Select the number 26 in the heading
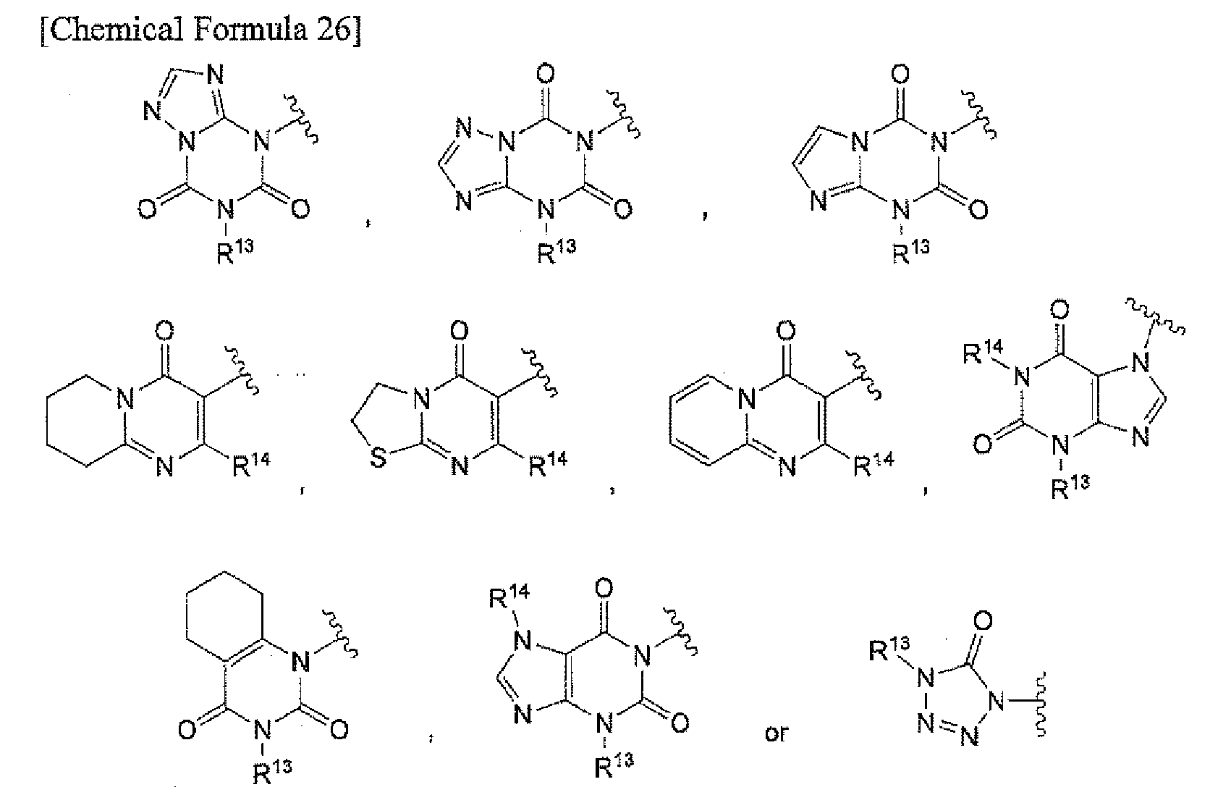(333, 29)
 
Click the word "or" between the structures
(777, 733)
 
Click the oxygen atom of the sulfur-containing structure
(459, 331)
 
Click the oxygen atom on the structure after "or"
(983, 621)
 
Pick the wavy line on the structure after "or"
(1040, 704)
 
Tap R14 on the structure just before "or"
(509, 597)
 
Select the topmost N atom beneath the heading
(216, 75)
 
